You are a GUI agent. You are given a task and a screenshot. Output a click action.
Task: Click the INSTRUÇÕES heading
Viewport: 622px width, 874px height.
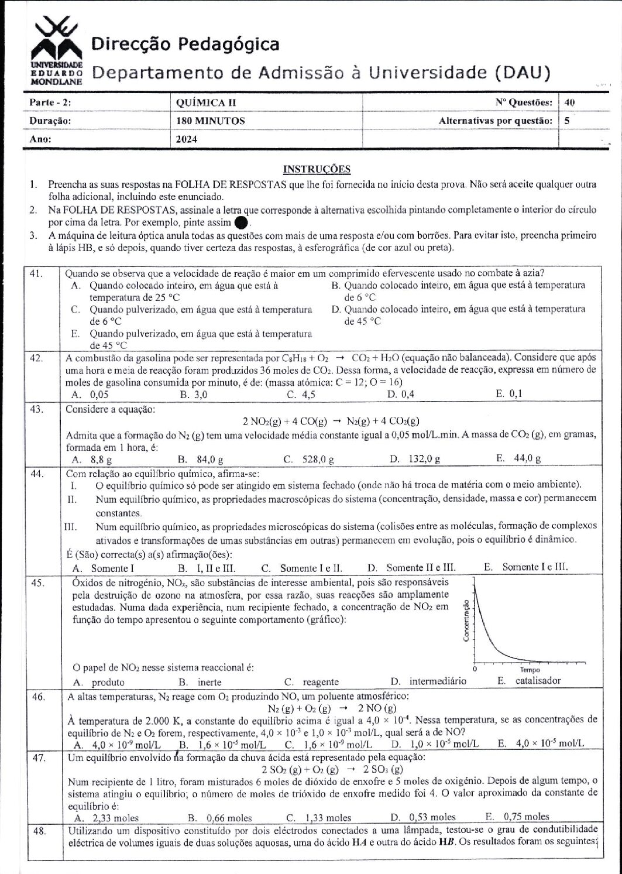tap(317, 169)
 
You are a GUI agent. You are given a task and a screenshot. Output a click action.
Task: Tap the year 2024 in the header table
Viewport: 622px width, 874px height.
tap(187, 139)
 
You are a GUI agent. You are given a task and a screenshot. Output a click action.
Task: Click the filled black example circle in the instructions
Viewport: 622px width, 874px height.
tap(240, 223)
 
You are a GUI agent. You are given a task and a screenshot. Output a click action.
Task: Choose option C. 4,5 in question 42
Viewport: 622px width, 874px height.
tap(301, 394)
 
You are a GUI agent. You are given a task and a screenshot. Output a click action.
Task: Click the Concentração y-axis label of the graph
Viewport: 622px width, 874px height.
tap(466, 621)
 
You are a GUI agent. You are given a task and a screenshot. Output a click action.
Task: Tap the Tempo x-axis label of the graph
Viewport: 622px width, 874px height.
tap(530, 670)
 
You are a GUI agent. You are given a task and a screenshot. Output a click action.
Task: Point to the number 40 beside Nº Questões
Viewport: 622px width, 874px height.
tap(570, 102)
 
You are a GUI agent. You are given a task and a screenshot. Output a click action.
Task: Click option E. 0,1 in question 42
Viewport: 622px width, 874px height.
tap(508, 393)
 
